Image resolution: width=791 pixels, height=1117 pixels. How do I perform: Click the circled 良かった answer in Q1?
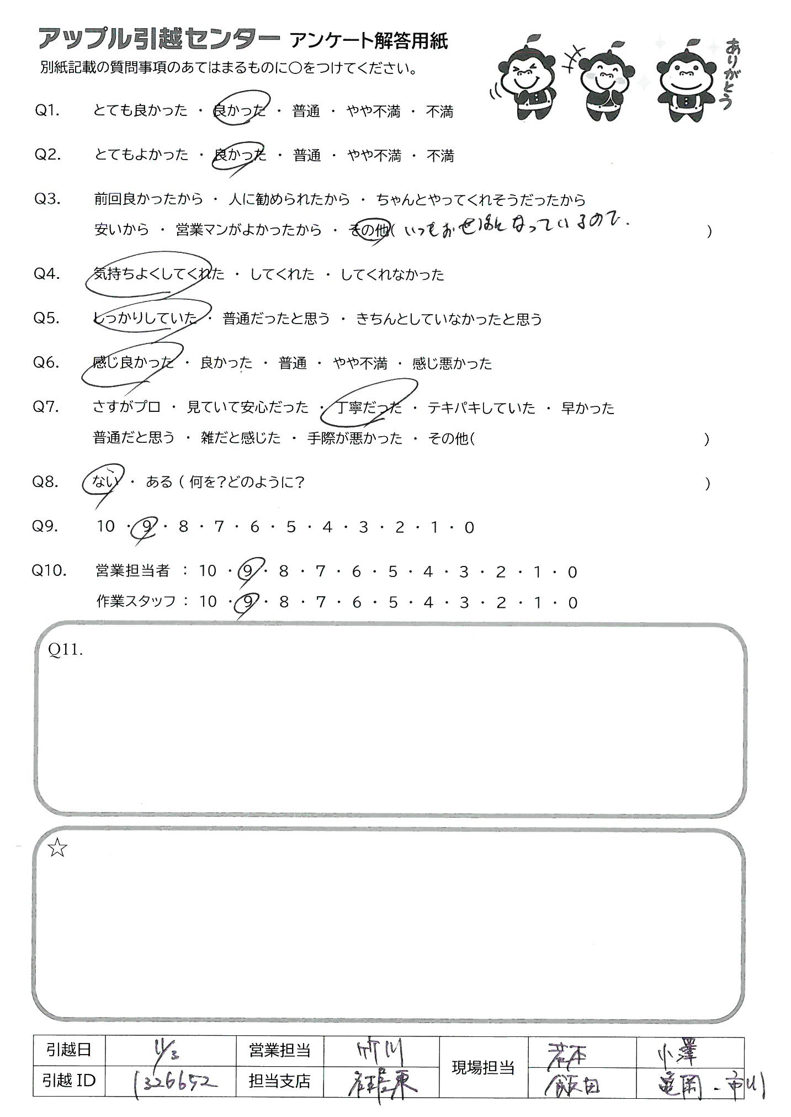pos(240,111)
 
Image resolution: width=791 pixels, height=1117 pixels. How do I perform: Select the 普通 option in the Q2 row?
pos(307,156)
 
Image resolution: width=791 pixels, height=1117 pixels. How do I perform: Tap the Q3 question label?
pos(47,199)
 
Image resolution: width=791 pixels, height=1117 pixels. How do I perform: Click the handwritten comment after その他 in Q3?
pos(516,225)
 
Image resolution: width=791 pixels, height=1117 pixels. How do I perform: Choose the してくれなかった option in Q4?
pos(392,274)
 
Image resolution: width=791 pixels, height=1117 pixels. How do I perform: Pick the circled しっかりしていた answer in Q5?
pos(146,318)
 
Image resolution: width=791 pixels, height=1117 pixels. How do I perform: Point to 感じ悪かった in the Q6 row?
pos(452,363)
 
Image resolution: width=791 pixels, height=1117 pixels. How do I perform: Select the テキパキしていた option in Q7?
pos(481,408)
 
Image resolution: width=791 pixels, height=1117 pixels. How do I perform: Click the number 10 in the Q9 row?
pos(105,527)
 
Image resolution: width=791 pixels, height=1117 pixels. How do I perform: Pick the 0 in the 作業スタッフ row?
pos(572,602)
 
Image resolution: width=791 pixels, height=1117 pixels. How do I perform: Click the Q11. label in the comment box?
pos(66,650)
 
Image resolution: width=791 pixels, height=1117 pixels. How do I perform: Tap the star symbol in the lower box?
pos(57,849)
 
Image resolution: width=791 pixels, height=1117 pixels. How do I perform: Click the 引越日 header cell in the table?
pos(68,1050)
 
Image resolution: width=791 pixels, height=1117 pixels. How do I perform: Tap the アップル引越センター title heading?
pos(158,40)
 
